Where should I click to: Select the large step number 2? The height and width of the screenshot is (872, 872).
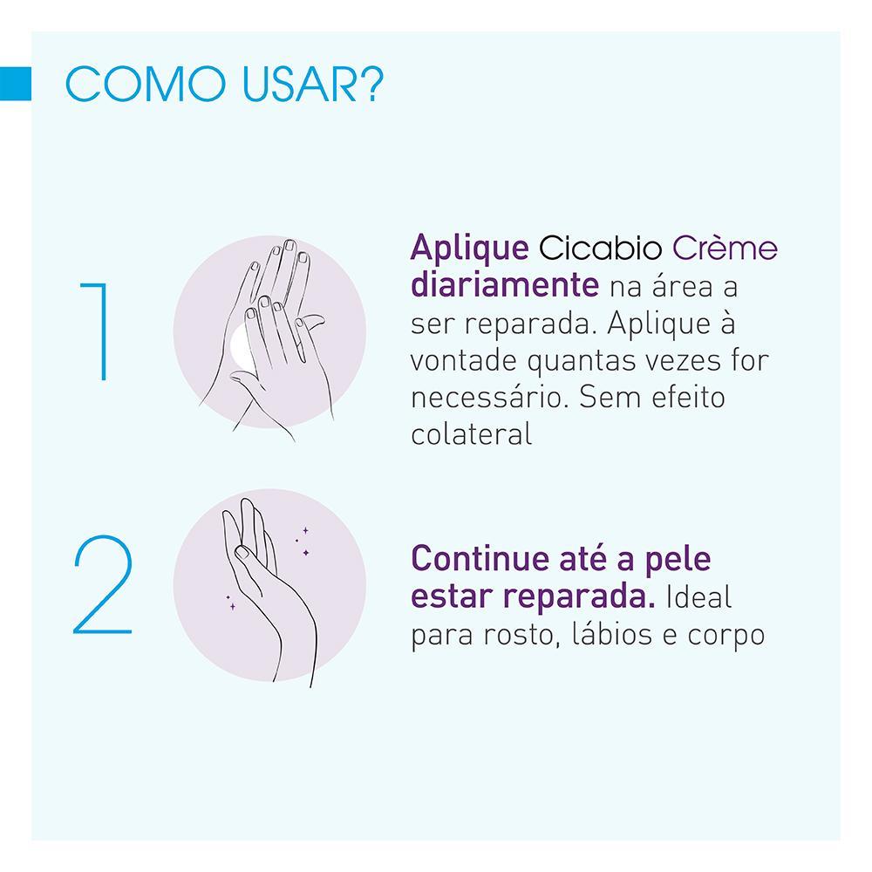103,586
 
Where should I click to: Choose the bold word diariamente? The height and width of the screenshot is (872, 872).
504,285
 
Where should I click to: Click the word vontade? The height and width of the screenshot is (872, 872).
466,360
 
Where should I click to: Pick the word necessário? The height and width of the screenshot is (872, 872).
487,398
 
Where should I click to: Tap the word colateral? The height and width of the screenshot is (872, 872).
471,434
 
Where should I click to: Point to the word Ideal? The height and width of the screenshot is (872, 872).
698,597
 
